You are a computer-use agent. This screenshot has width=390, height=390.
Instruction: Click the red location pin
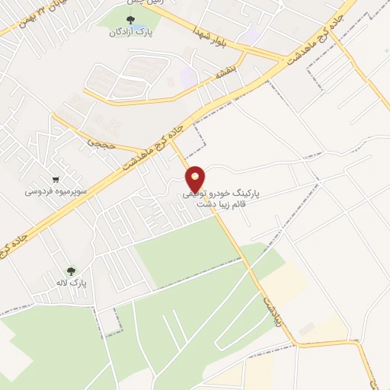196,178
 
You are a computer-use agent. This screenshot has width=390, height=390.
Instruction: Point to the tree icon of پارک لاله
72,270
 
